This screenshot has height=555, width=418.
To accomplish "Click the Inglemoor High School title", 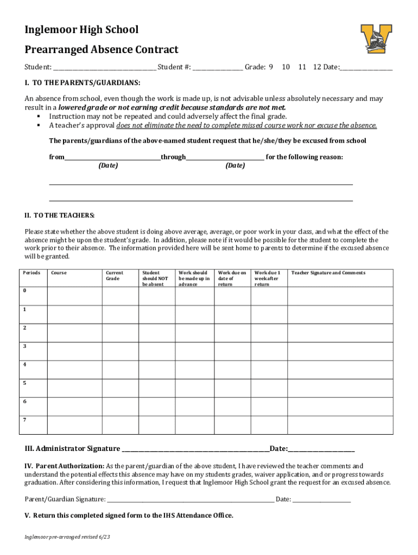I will click(x=81, y=30).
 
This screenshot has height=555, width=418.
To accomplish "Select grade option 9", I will click(x=270, y=67).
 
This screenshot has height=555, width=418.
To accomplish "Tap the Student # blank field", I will click(x=218, y=68).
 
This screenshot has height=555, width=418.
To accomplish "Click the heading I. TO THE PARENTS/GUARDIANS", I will click(x=82, y=83).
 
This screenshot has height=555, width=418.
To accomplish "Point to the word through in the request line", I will click(x=173, y=157).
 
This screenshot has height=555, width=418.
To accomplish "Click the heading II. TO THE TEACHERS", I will click(x=60, y=215).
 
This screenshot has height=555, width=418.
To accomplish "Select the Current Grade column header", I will click(x=115, y=276).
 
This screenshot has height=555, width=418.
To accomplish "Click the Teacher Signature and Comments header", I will click(x=328, y=273).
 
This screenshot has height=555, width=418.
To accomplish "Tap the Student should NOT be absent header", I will click(x=155, y=279).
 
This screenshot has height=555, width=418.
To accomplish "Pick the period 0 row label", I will click(x=24, y=291).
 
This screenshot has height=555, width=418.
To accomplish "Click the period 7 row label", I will click(x=24, y=420).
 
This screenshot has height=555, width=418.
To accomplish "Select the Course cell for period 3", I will click(x=74, y=351).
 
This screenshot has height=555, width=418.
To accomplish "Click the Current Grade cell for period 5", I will click(x=120, y=388).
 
